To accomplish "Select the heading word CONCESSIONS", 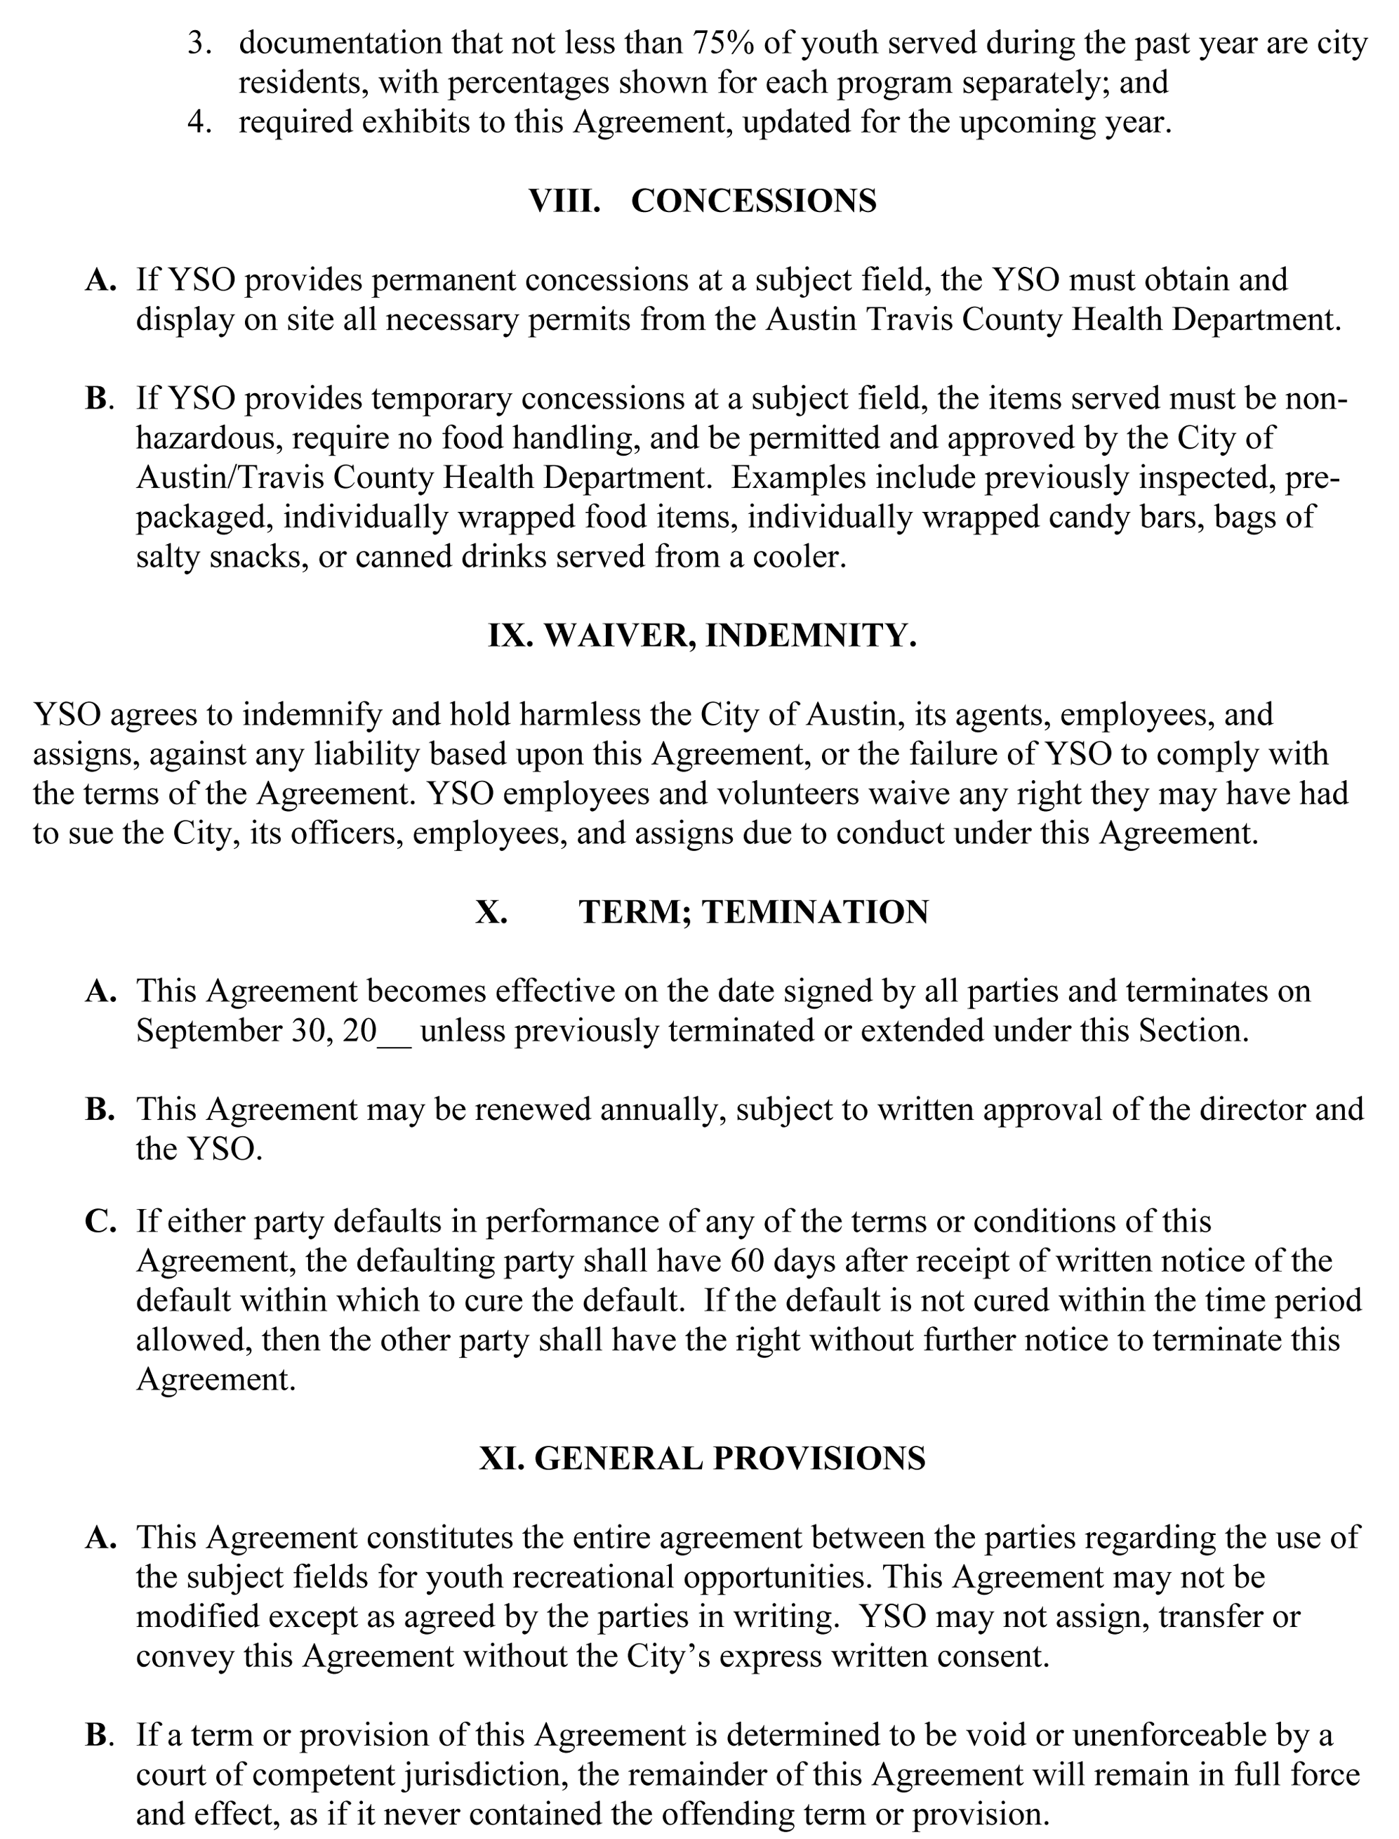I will point(754,201).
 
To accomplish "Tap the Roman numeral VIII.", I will point(564,201).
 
